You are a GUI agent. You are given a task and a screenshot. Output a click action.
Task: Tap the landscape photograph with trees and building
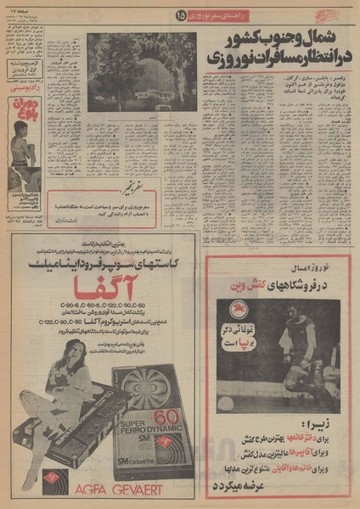coord(141,71)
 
